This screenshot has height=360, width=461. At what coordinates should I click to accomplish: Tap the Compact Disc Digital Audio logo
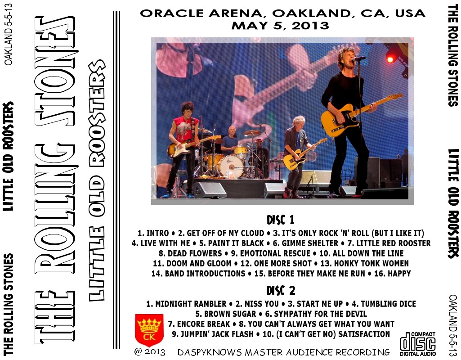coord(417,344)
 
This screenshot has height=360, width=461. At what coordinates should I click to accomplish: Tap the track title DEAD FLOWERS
coord(195,253)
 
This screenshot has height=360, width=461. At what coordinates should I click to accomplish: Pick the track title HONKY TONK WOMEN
coord(371,263)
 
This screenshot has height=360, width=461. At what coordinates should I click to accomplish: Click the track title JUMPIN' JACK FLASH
coord(217,334)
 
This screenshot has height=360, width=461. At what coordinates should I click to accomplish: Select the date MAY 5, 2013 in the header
coord(280,26)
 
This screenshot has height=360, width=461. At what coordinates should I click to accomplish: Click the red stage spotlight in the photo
coord(390,60)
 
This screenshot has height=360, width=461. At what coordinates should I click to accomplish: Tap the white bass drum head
coord(230,167)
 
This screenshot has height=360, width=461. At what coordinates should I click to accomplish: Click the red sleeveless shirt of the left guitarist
coord(186,130)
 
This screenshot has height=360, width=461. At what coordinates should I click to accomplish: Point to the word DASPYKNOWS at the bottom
coord(210,352)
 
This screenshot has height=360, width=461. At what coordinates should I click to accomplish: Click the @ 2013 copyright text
coord(150,352)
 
